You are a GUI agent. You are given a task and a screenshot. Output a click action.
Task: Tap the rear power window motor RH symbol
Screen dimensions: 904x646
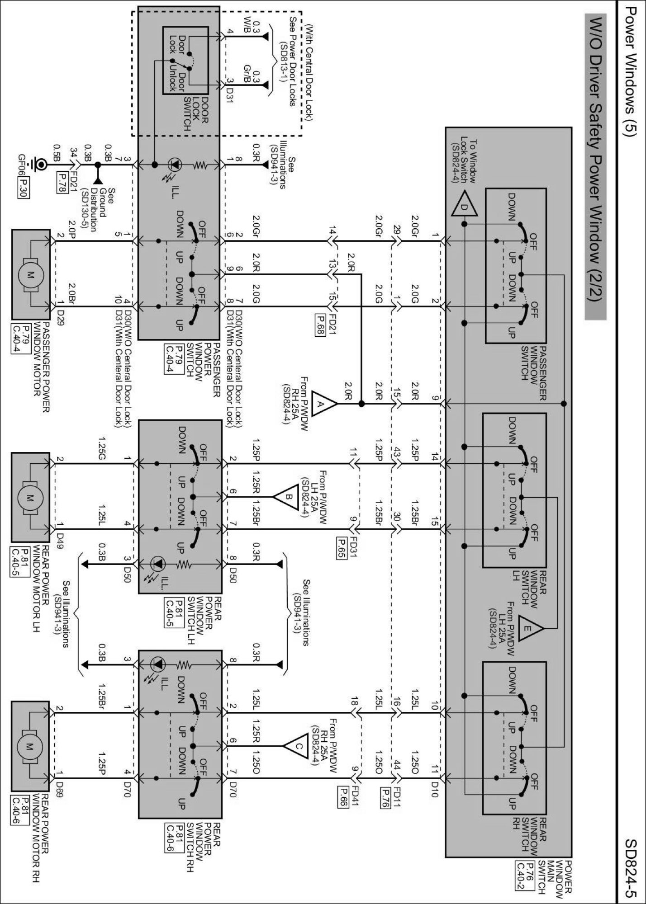pos(30,746)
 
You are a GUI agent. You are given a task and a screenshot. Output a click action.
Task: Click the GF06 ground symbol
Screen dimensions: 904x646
pos(41,165)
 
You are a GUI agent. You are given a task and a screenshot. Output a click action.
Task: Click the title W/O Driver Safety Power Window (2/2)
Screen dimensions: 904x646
pos(595,167)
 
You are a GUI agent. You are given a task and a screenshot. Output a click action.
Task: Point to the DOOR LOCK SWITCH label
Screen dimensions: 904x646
pos(196,113)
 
